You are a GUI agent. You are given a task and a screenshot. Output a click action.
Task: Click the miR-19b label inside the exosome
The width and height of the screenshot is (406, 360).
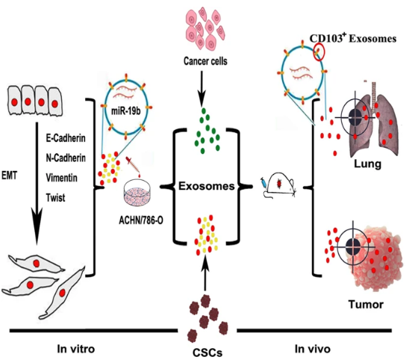pos(126,111)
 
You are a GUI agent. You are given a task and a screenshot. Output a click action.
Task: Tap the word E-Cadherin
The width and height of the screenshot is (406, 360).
pos(66,138)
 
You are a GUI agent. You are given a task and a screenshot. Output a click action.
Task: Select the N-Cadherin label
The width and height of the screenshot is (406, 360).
pos(66,158)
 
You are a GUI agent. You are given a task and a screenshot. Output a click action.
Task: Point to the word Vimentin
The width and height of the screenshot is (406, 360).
pos(62,178)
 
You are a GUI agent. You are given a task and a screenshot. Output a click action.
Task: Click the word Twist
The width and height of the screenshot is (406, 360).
pos(55,198)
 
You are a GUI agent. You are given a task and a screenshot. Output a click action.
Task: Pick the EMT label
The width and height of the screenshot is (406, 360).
pos(9,176)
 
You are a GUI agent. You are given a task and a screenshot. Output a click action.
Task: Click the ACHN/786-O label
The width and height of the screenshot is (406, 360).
pos(141,220)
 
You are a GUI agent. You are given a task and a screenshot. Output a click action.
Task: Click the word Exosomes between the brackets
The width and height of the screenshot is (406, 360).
pos(207,186)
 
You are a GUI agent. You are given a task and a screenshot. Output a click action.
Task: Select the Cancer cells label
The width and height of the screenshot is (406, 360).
pos(205,61)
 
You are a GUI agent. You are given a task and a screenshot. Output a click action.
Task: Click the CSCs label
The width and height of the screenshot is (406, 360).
pos(207,353)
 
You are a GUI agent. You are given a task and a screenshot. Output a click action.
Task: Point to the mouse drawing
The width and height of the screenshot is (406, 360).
pos(279,185)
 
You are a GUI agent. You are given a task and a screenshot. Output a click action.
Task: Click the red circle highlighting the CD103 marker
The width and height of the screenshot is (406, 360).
pos(319,52)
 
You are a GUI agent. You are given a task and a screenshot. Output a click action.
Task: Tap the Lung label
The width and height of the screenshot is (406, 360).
pos(367,164)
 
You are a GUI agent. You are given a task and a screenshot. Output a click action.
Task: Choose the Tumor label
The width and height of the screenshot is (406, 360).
pos(366,304)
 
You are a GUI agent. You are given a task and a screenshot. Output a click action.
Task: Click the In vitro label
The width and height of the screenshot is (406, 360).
pos(76,349)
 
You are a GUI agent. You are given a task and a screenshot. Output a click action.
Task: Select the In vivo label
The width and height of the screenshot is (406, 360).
pos(313,349)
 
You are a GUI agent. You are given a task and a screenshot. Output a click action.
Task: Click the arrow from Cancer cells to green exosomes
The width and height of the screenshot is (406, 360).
pos(202,89)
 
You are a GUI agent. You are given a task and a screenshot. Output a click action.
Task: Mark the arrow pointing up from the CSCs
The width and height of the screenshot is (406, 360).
pos(205,273)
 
